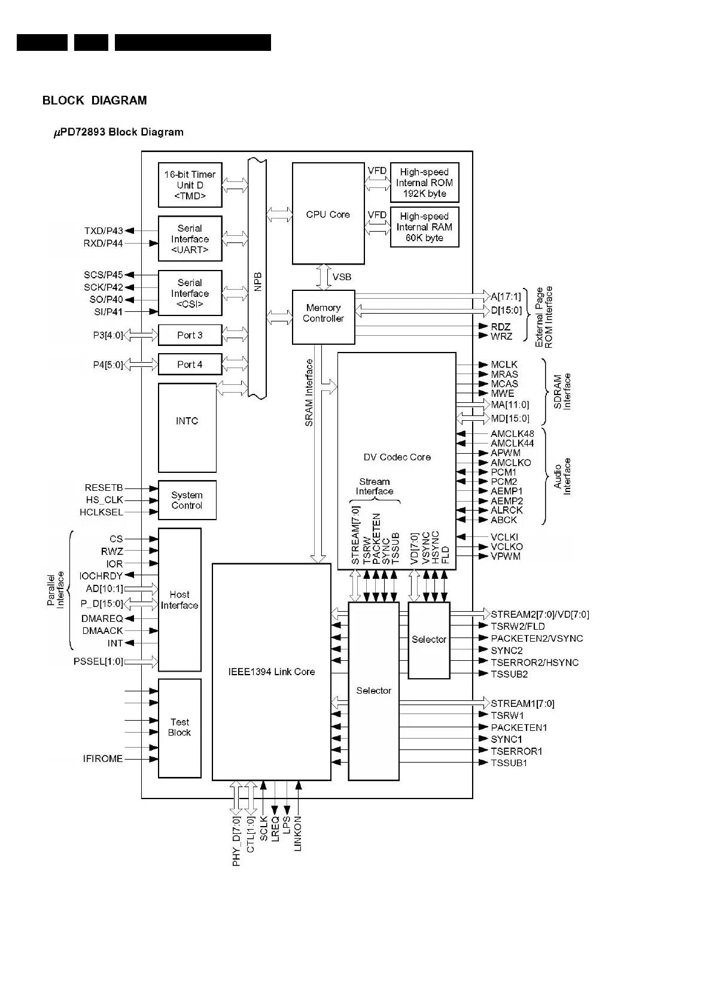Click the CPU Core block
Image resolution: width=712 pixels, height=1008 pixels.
328,214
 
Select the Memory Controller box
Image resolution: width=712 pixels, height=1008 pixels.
323,317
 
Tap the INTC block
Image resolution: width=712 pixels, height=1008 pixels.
187,427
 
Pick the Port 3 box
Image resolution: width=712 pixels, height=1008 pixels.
190,335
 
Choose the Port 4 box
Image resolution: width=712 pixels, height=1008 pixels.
190,365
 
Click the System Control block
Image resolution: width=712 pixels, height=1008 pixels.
187,500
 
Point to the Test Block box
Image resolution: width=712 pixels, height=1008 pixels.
179,727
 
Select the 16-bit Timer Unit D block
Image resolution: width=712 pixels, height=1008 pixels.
190,185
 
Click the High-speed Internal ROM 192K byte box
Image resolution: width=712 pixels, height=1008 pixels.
424,183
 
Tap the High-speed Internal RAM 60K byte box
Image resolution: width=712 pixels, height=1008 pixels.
424,227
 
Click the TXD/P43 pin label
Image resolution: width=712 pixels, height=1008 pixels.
104,231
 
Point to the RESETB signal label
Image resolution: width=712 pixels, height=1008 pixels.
104,488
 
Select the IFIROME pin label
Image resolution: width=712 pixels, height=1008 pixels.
103,759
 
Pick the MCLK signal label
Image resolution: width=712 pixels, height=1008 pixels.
504,365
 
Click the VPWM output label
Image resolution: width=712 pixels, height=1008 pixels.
506,556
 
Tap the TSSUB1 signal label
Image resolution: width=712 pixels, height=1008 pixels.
509,763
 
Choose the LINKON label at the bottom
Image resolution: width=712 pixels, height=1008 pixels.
298,834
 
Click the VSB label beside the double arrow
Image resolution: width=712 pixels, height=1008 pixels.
342,277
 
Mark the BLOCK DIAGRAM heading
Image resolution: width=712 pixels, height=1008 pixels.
95,101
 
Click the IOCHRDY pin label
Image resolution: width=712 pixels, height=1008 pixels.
101,576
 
